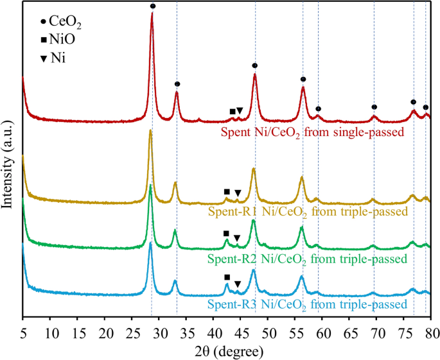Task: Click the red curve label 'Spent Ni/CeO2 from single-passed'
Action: click(312, 133)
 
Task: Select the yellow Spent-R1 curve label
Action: click(308, 211)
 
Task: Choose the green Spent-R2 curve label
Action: click(307, 259)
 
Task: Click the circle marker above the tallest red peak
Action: click(153, 6)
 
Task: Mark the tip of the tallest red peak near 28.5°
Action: click(152, 13)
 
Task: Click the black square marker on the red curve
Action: click(233, 112)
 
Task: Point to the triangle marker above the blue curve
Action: click(238, 284)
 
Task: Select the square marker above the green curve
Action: click(225, 234)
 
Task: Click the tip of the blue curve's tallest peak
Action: click(150, 243)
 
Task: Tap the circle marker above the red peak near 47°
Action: click(255, 65)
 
